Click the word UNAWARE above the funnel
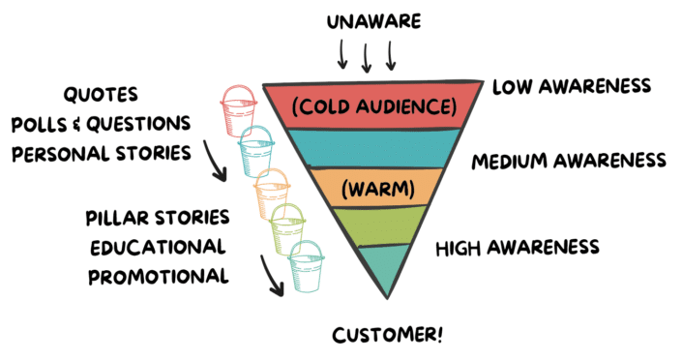pyautogui.click(x=366, y=18)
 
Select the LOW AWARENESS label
pyautogui.click(x=571, y=87)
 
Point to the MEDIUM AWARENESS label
pyautogui.click(x=570, y=160)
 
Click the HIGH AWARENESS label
pyautogui.click(x=518, y=248)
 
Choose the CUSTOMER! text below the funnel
pyautogui.click(x=389, y=336)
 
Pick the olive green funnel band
pyautogui.click(x=387, y=225)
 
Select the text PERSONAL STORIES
pyautogui.click(x=101, y=152)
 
